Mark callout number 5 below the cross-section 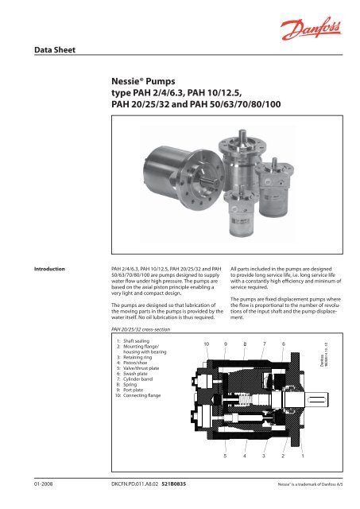225,457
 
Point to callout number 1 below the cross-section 302,457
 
